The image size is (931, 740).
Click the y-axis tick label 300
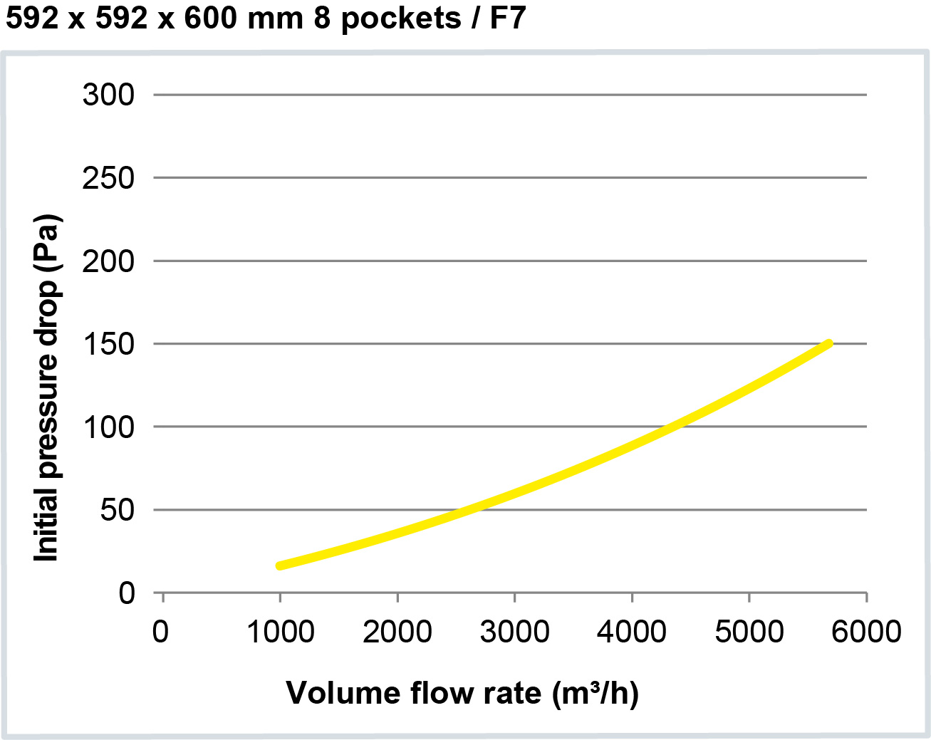108,95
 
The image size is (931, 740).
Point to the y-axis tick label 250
108,178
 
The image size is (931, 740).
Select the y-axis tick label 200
108,261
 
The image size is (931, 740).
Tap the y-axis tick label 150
108,344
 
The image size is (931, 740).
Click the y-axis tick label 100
108,427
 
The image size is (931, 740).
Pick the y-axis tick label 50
117,510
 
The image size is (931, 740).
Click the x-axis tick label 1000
280,632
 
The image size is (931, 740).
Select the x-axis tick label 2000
397,632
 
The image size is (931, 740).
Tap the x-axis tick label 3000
514,632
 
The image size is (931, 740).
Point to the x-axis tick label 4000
632,632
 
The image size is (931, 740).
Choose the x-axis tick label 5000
749,632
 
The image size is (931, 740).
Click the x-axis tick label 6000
866,632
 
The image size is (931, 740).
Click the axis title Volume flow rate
462,693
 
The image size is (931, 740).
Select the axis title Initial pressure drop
47,388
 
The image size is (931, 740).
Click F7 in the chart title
507,18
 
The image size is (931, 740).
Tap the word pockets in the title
401,18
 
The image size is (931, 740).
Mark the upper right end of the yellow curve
828,344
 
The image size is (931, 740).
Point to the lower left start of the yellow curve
280,566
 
